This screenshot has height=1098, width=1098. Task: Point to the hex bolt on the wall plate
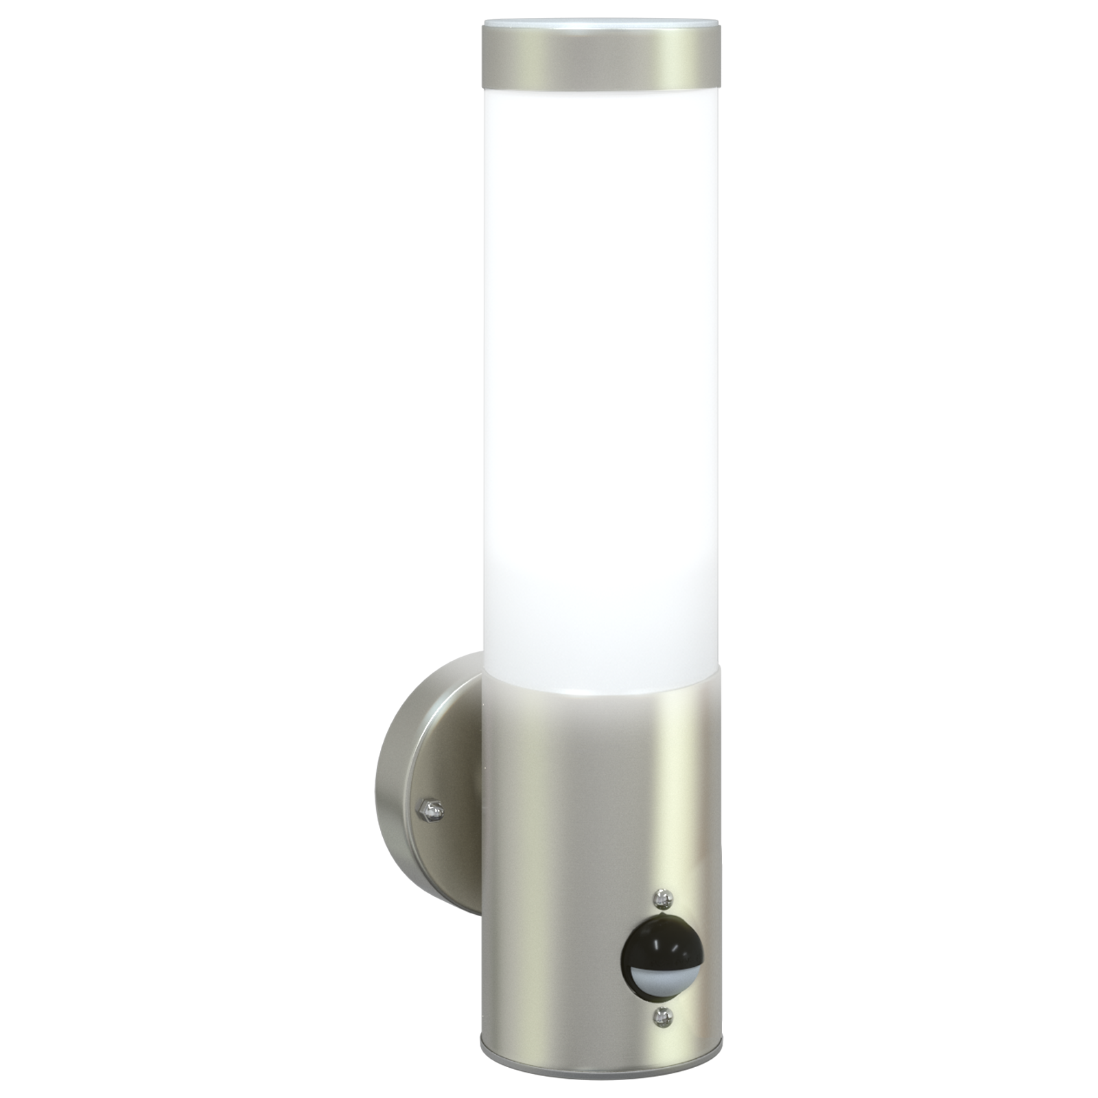pyautogui.click(x=432, y=810)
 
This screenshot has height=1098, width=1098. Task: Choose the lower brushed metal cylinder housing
pyautogui.click(x=549, y=858)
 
